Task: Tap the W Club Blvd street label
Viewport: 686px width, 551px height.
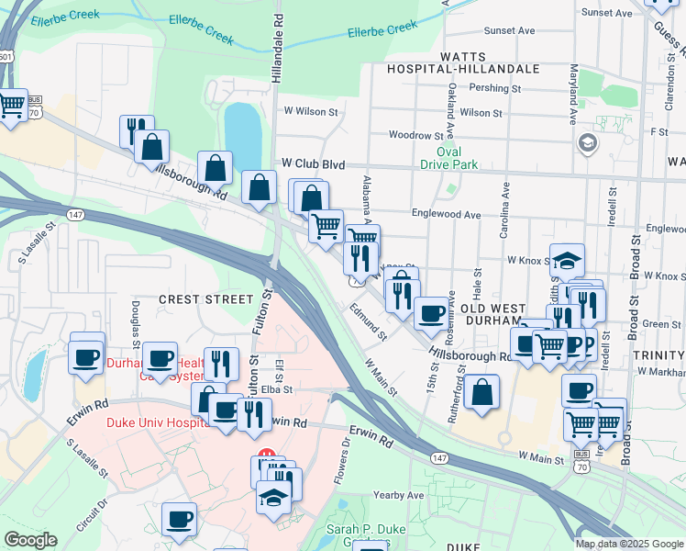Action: pos(314,163)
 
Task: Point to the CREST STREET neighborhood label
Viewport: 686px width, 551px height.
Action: pos(205,299)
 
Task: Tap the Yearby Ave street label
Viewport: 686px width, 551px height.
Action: pos(399,495)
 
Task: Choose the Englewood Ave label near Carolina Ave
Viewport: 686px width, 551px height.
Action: pos(446,215)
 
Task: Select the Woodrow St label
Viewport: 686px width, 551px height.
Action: pos(416,135)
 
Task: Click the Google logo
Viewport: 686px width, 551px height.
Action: pos(30,540)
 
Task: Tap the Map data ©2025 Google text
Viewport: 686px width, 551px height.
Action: pos(629,544)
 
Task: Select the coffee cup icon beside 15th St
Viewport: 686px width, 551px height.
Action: pos(430,312)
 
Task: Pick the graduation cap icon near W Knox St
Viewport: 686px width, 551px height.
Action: pos(567,259)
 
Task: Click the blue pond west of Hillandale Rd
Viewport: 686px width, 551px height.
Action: pos(243,131)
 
